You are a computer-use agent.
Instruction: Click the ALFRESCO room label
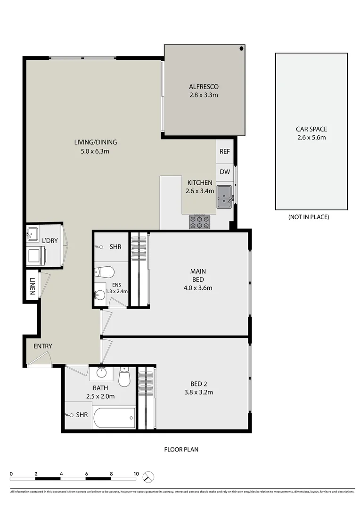point(204,87)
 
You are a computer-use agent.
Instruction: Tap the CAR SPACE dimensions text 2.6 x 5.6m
point(311,138)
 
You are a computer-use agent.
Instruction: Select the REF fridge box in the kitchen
point(225,152)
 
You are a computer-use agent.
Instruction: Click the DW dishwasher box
point(225,172)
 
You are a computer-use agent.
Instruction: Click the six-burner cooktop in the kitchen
point(199,222)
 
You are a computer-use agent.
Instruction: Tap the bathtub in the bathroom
point(114,418)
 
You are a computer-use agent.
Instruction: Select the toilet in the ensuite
point(105,272)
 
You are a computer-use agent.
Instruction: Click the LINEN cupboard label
point(32,286)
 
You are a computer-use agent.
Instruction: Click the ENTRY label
point(42,346)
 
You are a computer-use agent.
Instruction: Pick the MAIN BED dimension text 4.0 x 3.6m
point(198,287)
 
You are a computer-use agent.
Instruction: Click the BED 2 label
point(198,384)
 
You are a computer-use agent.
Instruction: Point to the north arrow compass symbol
point(149,476)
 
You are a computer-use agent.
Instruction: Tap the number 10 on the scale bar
point(136,474)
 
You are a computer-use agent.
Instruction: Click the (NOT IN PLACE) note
point(308,217)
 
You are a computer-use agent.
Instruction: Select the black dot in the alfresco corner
point(241,49)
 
